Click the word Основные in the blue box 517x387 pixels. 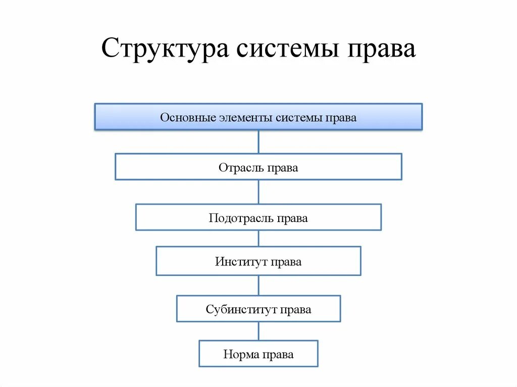188,118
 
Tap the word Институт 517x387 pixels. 241,262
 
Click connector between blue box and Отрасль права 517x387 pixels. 258,142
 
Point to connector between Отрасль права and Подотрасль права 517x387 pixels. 258,192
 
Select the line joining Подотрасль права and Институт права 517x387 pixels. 258,239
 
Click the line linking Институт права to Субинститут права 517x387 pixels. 258,286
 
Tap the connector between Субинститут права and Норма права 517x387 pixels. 258,331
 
